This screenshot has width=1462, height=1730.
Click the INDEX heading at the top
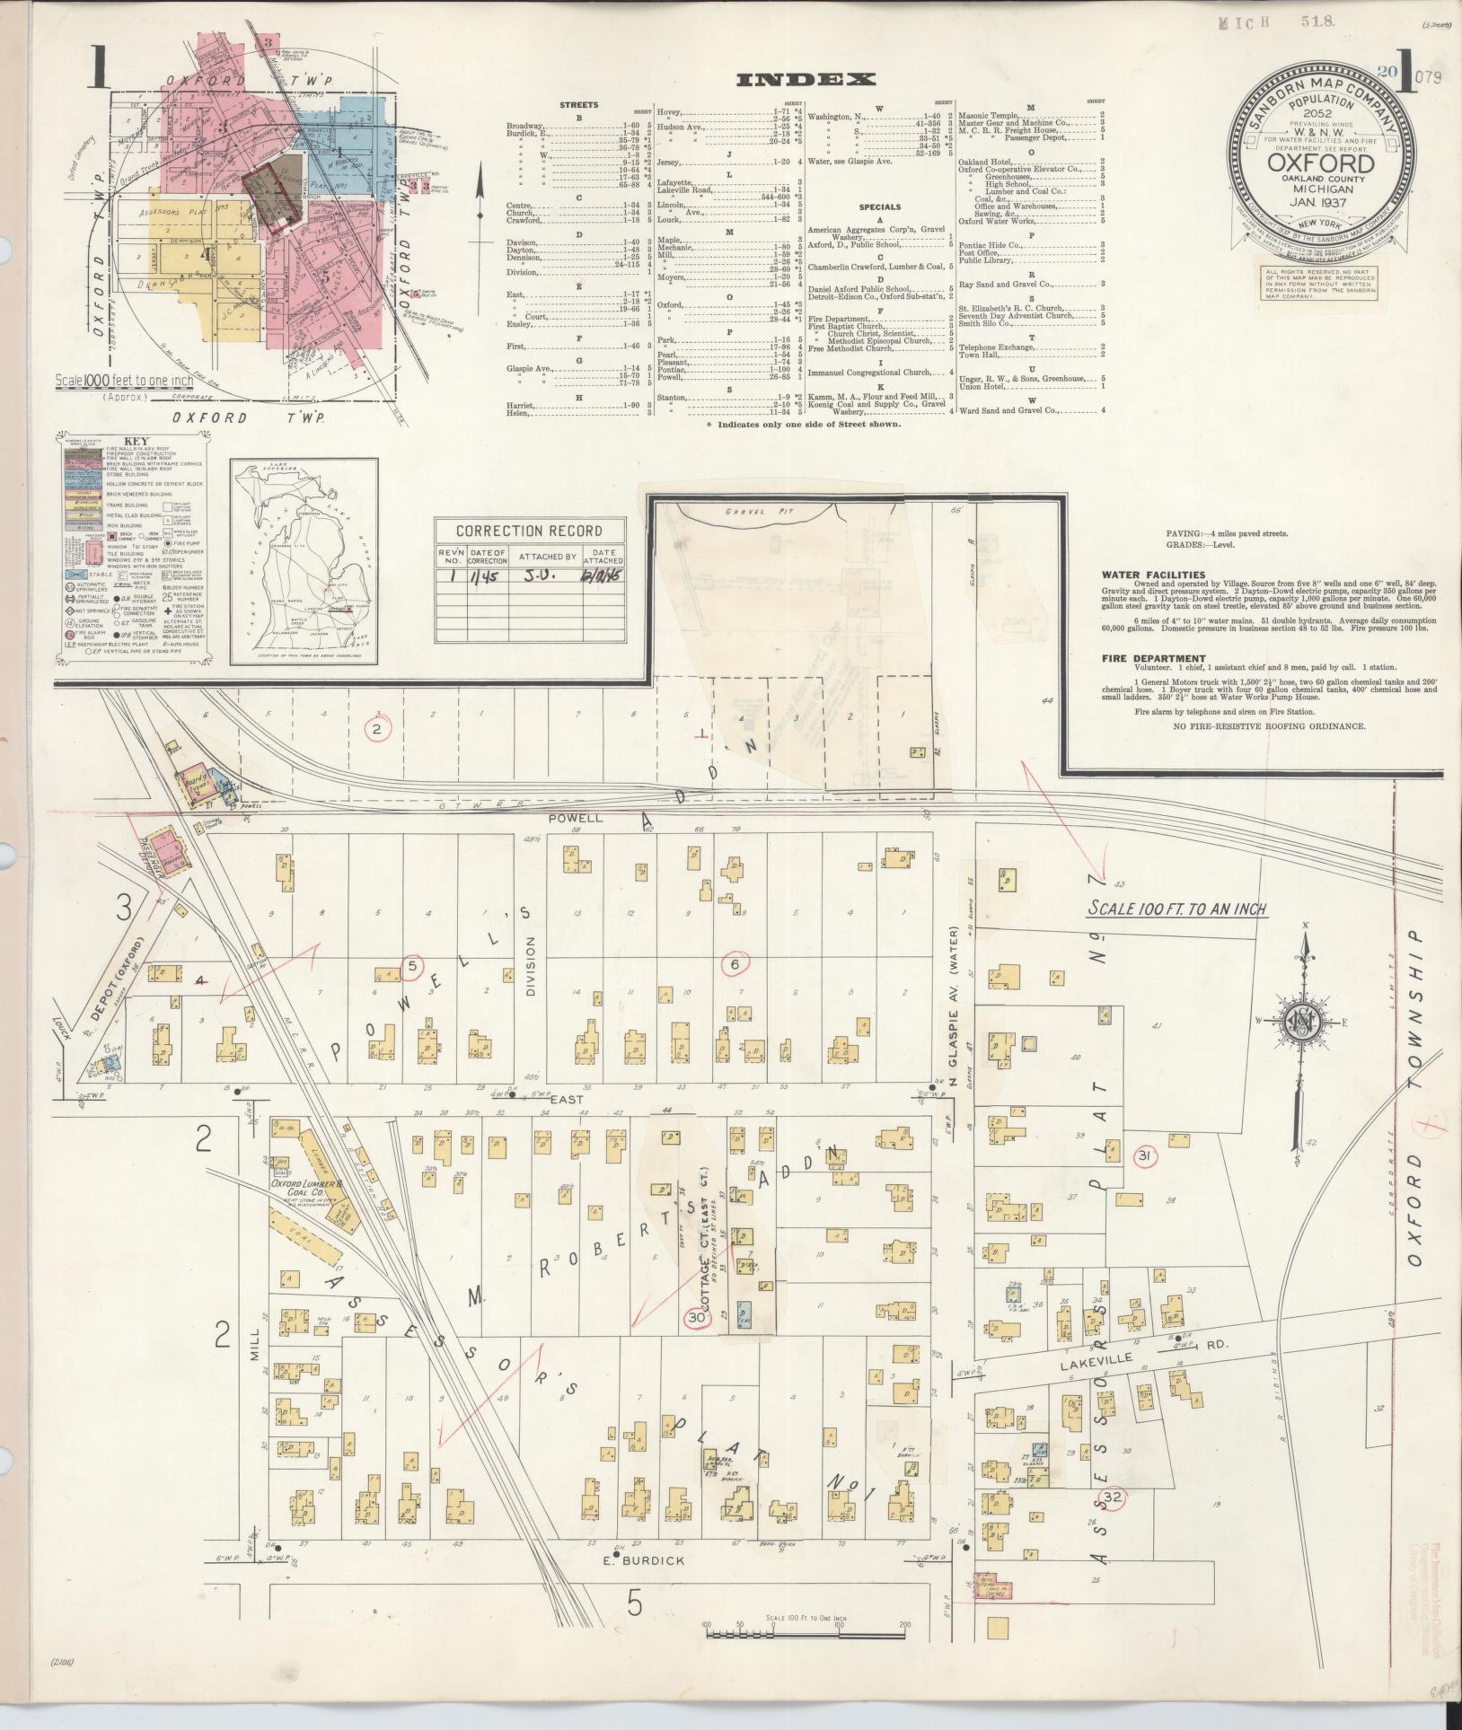pyautogui.click(x=805, y=79)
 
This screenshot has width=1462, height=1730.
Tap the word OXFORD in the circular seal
pyautogui.click(x=1319, y=164)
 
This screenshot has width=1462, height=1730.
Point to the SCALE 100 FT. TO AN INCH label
pyautogui.click(x=1176, y=909)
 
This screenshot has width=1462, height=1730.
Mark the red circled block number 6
pyautogui.click(x=735, y=963)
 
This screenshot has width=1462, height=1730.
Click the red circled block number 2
pyautogui.click(x=377, y=729)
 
